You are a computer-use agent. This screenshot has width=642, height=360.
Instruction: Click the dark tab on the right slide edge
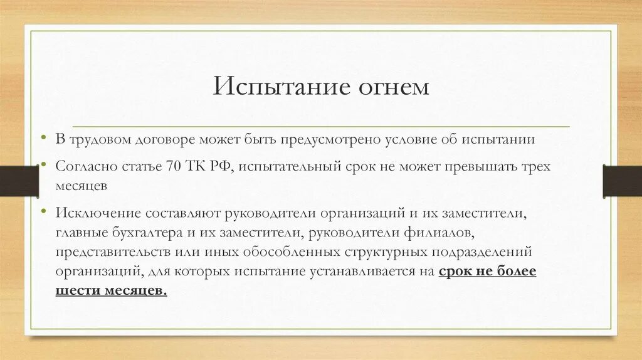click(623, 181)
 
